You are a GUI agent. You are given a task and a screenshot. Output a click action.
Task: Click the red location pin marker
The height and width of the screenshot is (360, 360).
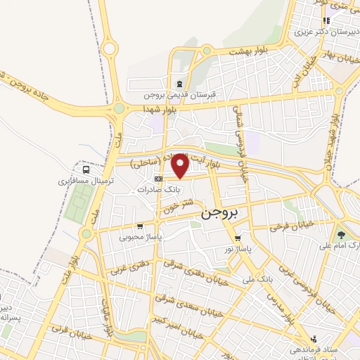click(x=181, y=165)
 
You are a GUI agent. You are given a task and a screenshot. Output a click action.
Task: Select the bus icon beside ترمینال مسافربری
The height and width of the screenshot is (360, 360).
click(x=86, y=169)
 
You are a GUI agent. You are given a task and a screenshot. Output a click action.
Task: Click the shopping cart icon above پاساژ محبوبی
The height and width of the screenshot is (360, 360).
click(x=140, y=226)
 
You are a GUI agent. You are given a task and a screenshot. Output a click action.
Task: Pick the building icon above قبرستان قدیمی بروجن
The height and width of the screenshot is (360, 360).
click(x=179, y=83)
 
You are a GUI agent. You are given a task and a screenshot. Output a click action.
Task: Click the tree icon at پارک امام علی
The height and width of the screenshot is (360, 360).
click(x=342, y=235)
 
